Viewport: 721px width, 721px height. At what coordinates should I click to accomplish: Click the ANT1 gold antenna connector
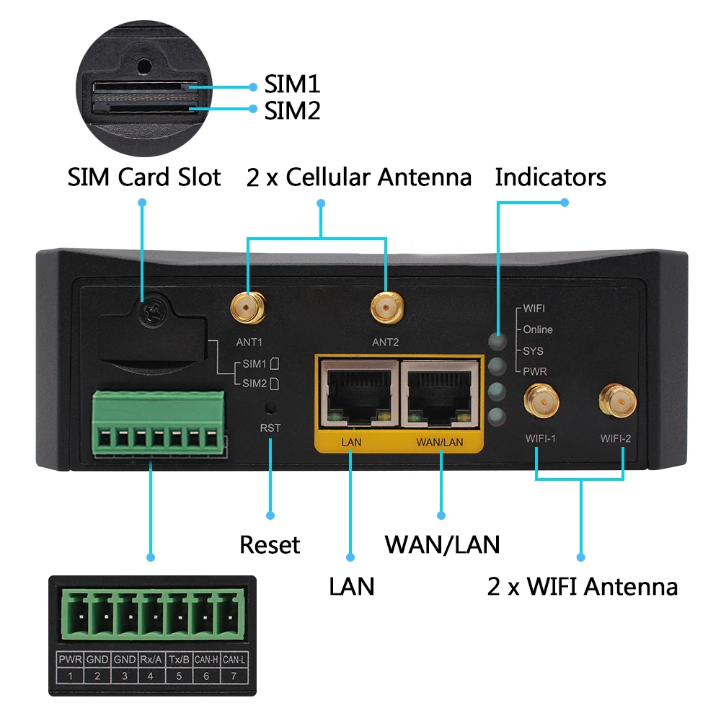tap(247, 309)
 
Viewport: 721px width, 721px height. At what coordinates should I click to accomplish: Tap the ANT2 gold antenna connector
tap(386, 309)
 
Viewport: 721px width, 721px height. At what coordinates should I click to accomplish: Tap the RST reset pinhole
tap(270, 408)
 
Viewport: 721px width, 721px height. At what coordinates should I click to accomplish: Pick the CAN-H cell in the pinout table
tap(206, 660)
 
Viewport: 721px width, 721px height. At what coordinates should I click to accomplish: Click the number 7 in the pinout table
tap(234, 676)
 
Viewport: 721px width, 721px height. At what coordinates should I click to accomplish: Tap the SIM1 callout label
tap(291, 85)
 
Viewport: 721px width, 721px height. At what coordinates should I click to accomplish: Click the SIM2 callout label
tap(291, 110)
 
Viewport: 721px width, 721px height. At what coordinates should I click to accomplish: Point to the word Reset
tap(270, 544)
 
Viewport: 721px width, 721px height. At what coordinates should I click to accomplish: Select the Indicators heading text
tap(550, 177)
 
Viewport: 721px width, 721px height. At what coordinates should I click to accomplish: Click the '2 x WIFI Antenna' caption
tap(583, 586)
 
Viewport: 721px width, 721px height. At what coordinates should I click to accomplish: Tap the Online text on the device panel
tap(538, 329)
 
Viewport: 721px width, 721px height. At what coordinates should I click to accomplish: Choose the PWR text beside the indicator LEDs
tap(535, 371)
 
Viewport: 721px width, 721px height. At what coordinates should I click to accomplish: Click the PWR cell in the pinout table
tap(70, 660)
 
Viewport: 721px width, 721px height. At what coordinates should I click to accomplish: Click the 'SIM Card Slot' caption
tap(144, 177)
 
